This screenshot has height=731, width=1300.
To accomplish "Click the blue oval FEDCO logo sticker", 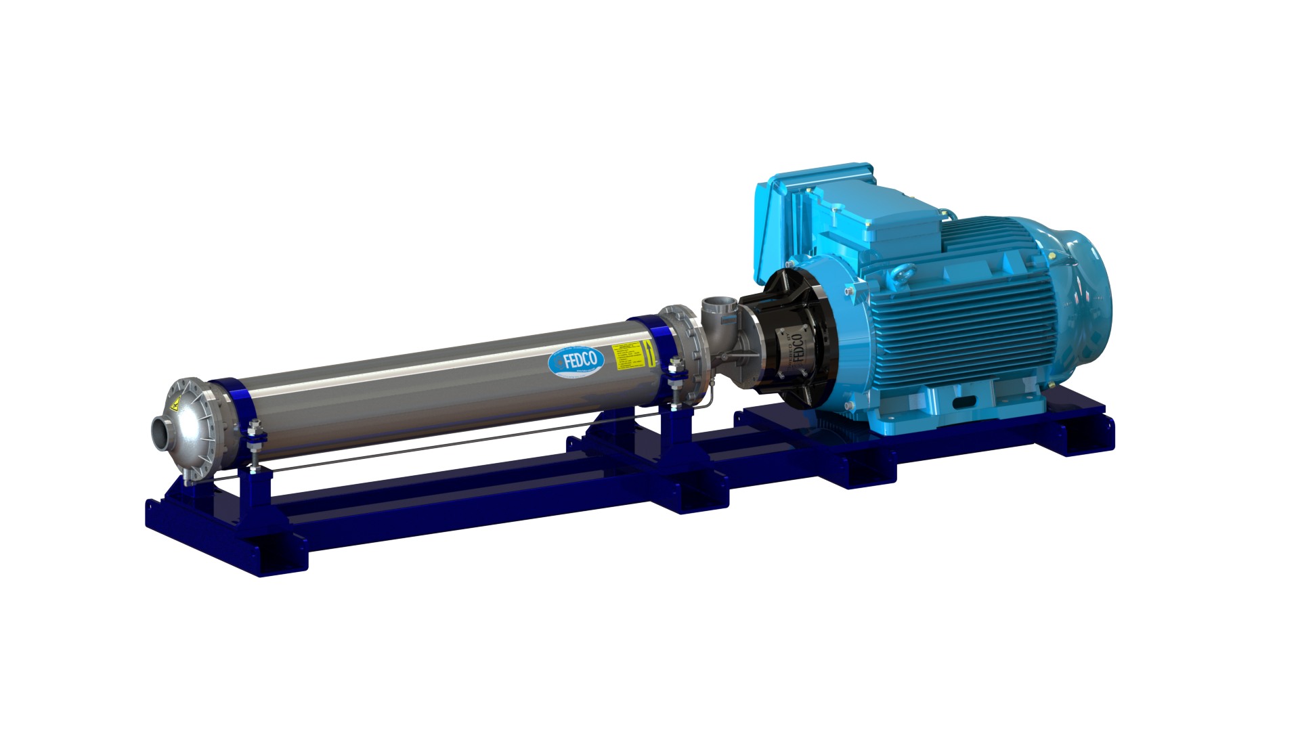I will tap(576, 361).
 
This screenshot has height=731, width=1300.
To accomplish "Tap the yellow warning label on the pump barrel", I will tap(626, 355).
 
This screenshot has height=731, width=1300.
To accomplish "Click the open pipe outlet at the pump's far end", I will tap(160, 433).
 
